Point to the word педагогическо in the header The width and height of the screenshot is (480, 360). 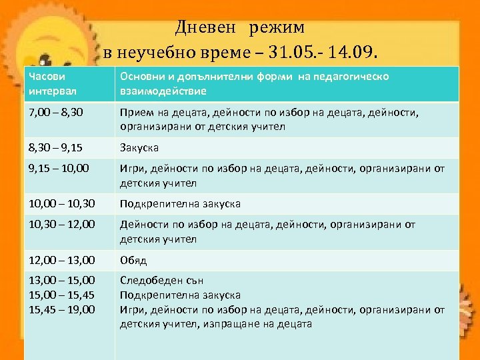[x=356, y=77]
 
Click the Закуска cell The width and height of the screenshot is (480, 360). [x=139, y=147]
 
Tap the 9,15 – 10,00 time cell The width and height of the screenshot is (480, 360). [x=61, y=169]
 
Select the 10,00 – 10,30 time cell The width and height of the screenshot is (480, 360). [x=63, y=203]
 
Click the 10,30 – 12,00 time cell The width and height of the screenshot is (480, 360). [x=63, y=225]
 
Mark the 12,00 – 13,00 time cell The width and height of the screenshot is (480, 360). [x=63, y=259]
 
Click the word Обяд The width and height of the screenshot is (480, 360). [x=133, y=260]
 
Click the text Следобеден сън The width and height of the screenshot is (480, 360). [x=162, y=281]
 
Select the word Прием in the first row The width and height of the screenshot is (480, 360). [x=136, y=113]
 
